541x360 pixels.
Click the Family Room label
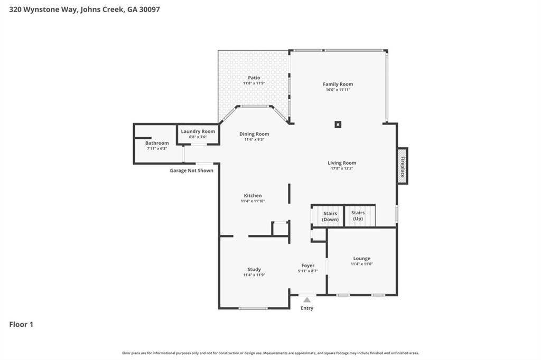[x=338, y=84]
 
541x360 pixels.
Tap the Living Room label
[x=342, y=163]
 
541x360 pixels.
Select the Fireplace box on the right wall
[x=403, y=166]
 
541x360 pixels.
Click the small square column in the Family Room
[x=338, y=125]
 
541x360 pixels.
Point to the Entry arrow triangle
[x=307, y=300]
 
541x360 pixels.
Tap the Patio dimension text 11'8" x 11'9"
[x=254, y=83]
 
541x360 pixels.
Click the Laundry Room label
[x=198, y=131]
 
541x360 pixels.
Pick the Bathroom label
[x=157, y=143]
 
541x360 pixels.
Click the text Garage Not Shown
[x=191, y=170]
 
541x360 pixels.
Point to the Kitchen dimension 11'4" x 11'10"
[x=253, y=201]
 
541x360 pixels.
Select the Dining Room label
[x=254, y=134]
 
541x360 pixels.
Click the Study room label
[x=254, y=269]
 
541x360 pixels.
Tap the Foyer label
[x=308, y=266]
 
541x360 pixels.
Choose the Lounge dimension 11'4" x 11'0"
[x=362, y=264]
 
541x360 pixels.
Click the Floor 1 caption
[x=21, y=325]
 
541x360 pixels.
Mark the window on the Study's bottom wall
[x=253, y=308]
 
